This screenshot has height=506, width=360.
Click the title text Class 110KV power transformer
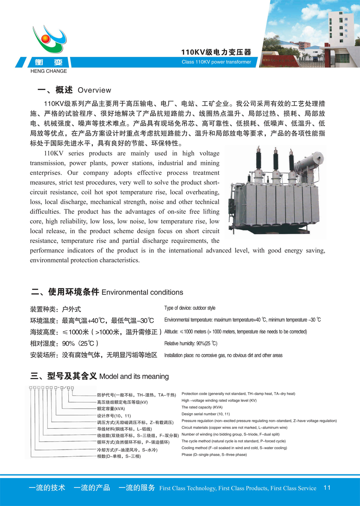click(216, 62)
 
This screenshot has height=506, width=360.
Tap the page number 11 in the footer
click(327, 488)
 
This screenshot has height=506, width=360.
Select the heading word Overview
click(94, 90)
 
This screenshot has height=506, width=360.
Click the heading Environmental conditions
click(142, 293)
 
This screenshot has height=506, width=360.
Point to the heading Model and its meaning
click(134, 377)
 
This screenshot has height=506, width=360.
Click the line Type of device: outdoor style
click(190, 308)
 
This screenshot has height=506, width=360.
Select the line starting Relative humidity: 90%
click(191, 343)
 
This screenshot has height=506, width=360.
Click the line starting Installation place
click(223, 355)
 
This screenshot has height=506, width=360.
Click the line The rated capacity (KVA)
click(202, 408)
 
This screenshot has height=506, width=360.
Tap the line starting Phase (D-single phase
click(214, 455)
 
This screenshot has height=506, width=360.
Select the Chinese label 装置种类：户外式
click(56, 309)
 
